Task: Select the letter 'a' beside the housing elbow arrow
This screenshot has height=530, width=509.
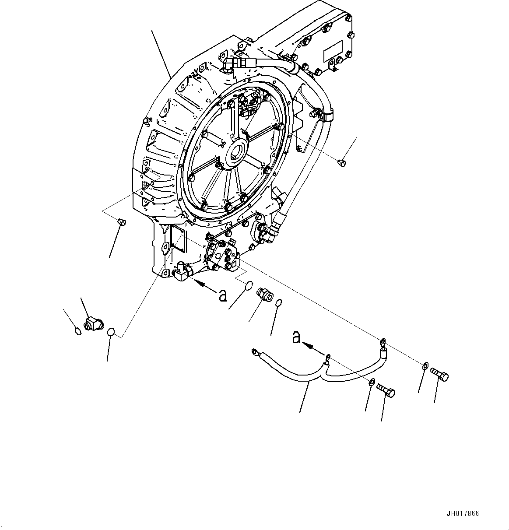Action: click(x=223, y=296)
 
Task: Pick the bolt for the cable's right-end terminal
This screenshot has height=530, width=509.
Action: click(x=439, y=375)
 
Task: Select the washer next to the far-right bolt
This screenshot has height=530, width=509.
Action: click(x=425, y=365)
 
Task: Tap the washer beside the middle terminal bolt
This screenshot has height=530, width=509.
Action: click(x=371, y=382)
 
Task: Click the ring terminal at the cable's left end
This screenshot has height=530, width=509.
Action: click(x=255, y=351)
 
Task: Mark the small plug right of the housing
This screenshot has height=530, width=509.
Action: click(x=342, y=163)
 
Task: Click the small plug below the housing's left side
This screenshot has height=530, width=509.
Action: click(x=122, y=223)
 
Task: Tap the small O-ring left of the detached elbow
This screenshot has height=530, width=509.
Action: click(x=78, y=331)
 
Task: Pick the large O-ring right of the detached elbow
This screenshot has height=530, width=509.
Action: click(x=112, y=332)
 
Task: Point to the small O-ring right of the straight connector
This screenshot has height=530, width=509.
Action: click(x=278, y=303)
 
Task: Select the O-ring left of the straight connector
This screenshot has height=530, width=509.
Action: click(x=249, y=286)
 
